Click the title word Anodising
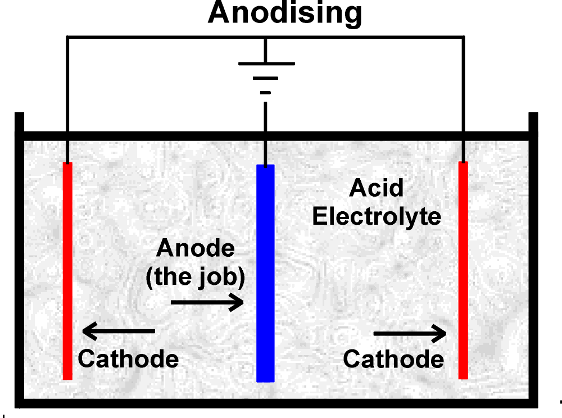coord(284,13)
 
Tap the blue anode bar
coord(265,272)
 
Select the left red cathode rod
coord(67,270)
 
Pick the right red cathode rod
coord(463,270)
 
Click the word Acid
coord(376,188)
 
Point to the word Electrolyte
coord(377,217)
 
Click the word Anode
coord(195,248)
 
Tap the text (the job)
coord(195,278)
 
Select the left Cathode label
coord(128,358)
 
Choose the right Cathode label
coord(393,359)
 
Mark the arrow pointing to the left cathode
coord(119,331)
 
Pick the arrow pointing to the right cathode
coord(410,334)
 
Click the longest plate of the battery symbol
coord(266,63)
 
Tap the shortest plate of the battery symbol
coord(266,92)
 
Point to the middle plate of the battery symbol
coord(266,78)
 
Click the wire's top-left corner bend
coord(67,38)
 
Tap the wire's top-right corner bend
coord(464,38)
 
